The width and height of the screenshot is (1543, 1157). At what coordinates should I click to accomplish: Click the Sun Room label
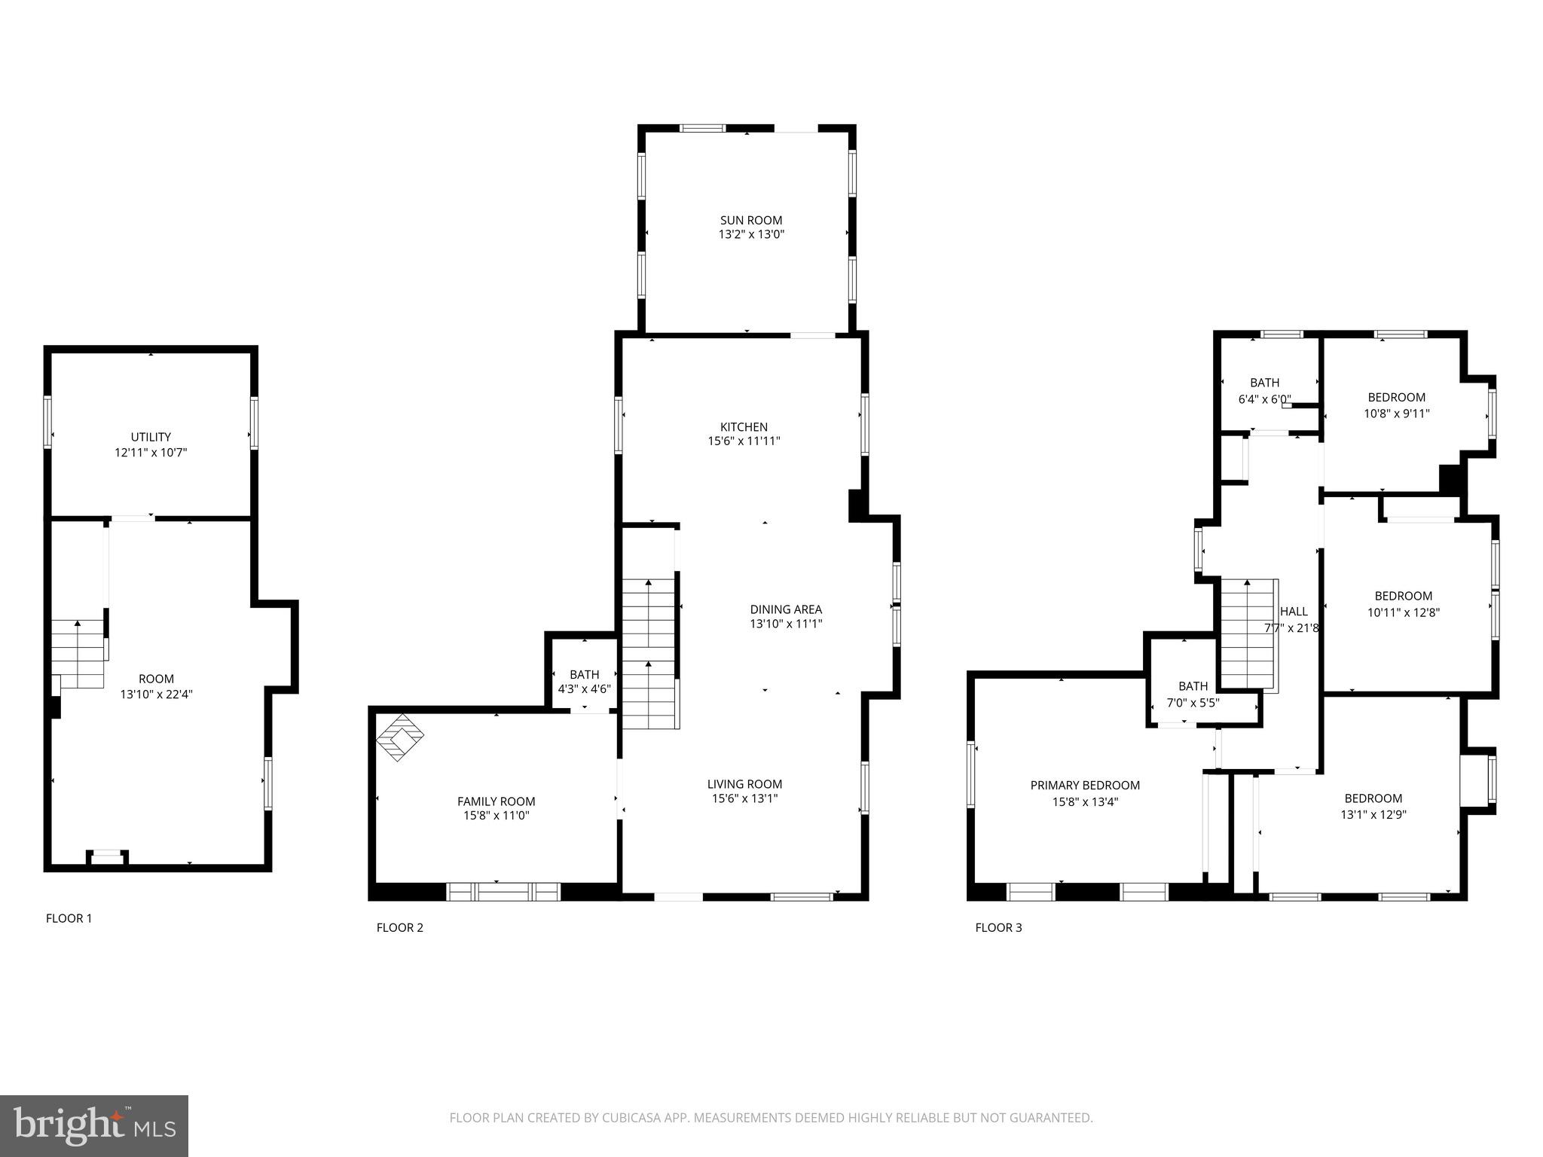pyautogui.click(x=750, y=220)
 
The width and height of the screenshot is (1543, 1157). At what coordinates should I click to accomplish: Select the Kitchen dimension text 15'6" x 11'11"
pyautogui.click(x=744, y=441)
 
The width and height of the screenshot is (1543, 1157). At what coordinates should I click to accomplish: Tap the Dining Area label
pyautogui.click(x=786, y=609)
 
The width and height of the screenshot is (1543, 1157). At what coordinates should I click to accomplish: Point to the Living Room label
pyautogui.click(x=744, y=784)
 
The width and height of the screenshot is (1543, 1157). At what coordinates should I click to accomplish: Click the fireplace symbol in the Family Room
pyautogui.click(x=399, y=737)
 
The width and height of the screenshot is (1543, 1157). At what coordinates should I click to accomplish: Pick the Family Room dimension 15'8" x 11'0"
pyautogui.click(x=497, y=816)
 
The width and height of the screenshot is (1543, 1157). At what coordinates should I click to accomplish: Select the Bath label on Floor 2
pyautogui.click(x=584, y=674)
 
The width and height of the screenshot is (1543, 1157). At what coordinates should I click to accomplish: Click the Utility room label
pyautogui.click(x=151, y=437)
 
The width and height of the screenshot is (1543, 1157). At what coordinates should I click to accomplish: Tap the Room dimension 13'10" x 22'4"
pyautogui.click(x=157, y=695)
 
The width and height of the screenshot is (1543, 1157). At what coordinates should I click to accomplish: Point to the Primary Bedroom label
pyautogui.click(x=1085, y=786)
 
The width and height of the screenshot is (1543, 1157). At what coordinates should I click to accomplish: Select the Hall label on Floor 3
pyautogui.click(x=1294, y=612)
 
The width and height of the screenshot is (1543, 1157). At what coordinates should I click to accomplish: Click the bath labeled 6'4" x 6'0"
pyautogui.click(x=1264, y=391)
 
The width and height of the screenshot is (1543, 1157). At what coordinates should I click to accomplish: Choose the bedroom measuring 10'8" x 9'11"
pyautogui.click(x=1396, y=405)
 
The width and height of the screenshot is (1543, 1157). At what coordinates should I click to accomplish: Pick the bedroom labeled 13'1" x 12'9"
pyautogui.click(x=1373, y=806)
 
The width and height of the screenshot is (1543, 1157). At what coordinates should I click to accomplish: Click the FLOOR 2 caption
pyautogui.click(x=400, y=927)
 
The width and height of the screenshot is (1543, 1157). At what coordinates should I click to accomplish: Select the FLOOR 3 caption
pyautogui.click(x=998, y=927)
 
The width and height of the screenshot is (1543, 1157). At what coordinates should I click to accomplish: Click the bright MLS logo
pyautogui.click(x=94, y=1125)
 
